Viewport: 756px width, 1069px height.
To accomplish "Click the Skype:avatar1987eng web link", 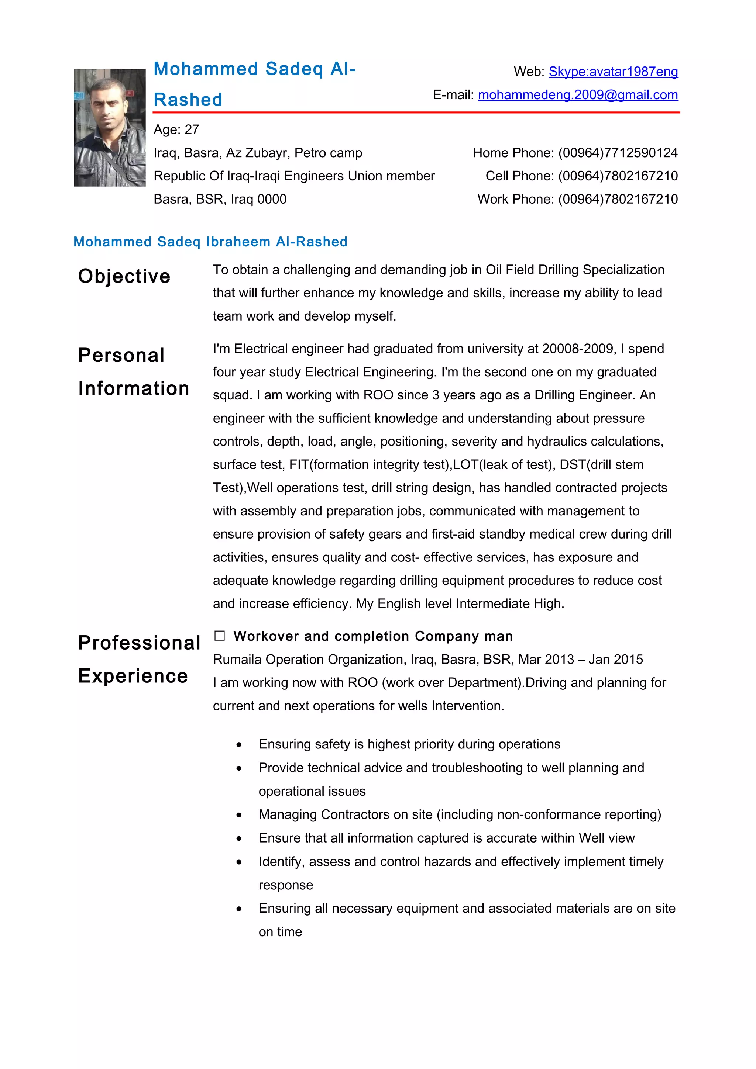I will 613,72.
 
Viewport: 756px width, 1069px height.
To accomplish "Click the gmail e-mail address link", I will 578,95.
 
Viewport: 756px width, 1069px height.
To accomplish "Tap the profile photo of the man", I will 110,128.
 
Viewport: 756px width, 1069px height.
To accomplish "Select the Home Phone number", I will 618,153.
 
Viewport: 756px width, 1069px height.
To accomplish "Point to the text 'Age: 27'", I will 176,129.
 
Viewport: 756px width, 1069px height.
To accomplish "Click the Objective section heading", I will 124,276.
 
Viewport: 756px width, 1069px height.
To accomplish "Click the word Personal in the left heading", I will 121,355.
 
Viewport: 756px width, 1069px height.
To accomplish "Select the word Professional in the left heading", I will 139,643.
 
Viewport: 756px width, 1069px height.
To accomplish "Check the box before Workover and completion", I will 219,636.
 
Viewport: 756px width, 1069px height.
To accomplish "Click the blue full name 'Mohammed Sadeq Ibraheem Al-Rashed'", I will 210,242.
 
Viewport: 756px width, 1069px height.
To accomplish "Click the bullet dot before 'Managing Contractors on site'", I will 239,815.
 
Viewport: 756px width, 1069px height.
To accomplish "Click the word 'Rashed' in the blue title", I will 188,100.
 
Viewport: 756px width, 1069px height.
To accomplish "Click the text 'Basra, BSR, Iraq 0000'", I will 220,199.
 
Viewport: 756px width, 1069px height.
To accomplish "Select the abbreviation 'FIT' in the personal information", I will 299,465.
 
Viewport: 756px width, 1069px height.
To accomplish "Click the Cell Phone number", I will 618,176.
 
